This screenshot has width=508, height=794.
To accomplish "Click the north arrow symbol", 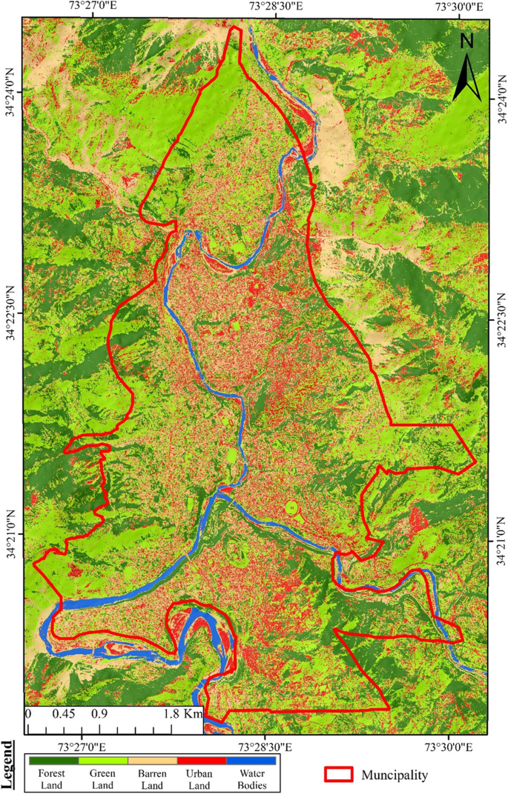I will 466,77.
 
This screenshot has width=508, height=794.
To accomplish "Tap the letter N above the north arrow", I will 466,41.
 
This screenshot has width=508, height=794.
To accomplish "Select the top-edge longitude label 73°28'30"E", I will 277,7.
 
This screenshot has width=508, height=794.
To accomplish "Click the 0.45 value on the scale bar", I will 60,715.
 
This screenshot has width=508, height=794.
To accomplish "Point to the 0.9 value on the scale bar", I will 99,715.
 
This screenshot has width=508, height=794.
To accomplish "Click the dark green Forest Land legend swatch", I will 53,760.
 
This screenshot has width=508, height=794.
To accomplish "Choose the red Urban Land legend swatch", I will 201,760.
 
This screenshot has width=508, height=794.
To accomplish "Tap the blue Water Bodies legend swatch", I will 251,760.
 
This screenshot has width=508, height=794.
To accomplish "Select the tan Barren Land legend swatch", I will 152,760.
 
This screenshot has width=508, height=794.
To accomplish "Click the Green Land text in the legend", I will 102,779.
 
